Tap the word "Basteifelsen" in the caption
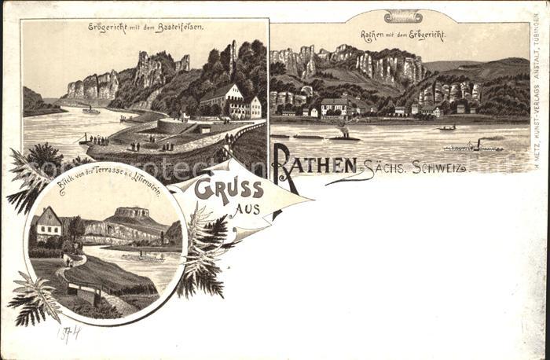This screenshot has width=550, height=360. pos(180,28)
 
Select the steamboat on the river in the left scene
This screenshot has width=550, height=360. pos(91,112)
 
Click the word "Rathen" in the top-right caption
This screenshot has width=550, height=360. pos(374,35)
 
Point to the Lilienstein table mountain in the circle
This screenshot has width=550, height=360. pos(131,214)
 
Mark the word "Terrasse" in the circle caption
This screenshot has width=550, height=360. pos(103,195)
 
